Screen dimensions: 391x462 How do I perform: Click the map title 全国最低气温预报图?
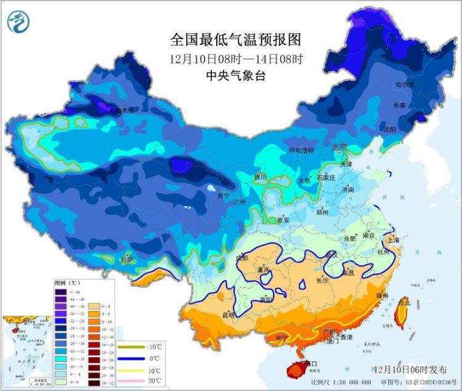tap(236, 40)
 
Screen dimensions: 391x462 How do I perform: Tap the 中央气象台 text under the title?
tap(236, 76)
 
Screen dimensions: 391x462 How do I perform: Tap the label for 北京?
tap(339, 147)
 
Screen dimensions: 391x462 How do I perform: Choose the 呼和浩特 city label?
tap(301, 150)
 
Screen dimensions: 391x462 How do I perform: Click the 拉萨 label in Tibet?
tap(128, 261)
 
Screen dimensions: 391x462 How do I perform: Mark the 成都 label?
tap(241, 258)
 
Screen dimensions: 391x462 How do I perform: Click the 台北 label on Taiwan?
tap(404, 303)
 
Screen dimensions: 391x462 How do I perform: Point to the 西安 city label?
tap(283, 220)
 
